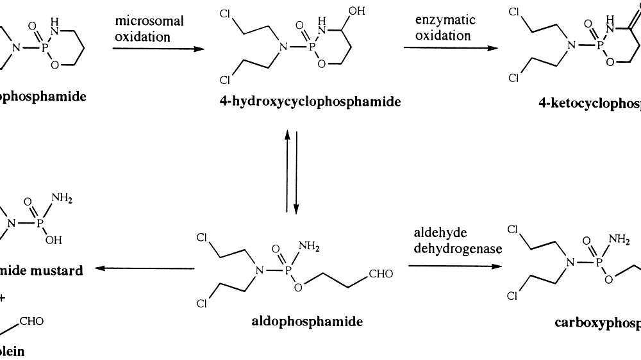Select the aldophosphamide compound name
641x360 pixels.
point(307,321)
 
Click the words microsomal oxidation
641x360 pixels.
point(149,29)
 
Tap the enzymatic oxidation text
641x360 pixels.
point(445,28)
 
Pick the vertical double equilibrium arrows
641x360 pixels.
point(292,171)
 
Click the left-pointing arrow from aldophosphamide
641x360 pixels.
point(145,268)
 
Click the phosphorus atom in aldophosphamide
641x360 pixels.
point(288,271)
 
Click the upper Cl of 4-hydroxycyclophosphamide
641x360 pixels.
point(224,13)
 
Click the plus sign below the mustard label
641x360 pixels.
point(5,296)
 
